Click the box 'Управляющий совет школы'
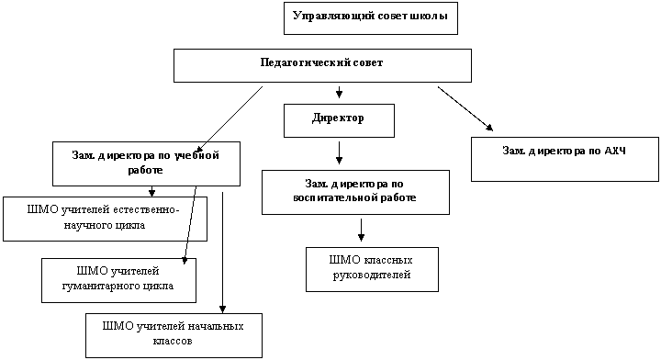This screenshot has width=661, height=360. (371, 18)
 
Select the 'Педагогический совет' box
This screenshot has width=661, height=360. (322, 65)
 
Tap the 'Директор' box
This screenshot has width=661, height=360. (339, 120)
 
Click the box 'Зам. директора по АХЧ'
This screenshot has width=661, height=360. (565, 159)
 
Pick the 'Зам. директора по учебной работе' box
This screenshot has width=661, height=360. (146, 163)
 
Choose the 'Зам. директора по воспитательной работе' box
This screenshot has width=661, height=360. (355, 192)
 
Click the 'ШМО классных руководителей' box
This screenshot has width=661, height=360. (372, 269)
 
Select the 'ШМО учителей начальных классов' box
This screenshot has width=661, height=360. (174, 335)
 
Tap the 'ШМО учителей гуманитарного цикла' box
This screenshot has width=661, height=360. (118, 280)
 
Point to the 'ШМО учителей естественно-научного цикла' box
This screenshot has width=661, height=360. (105, 219)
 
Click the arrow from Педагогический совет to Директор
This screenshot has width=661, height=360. (339, 93)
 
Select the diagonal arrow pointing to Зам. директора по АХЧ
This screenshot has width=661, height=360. (465, 108)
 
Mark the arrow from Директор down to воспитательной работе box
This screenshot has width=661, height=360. (339, 152)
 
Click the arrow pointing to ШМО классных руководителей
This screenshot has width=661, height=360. (361, 230)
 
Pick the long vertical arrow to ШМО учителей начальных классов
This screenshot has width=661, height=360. (222, 253)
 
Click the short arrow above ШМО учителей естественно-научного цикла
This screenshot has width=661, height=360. (151, 191)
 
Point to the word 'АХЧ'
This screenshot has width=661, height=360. (615, 151)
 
